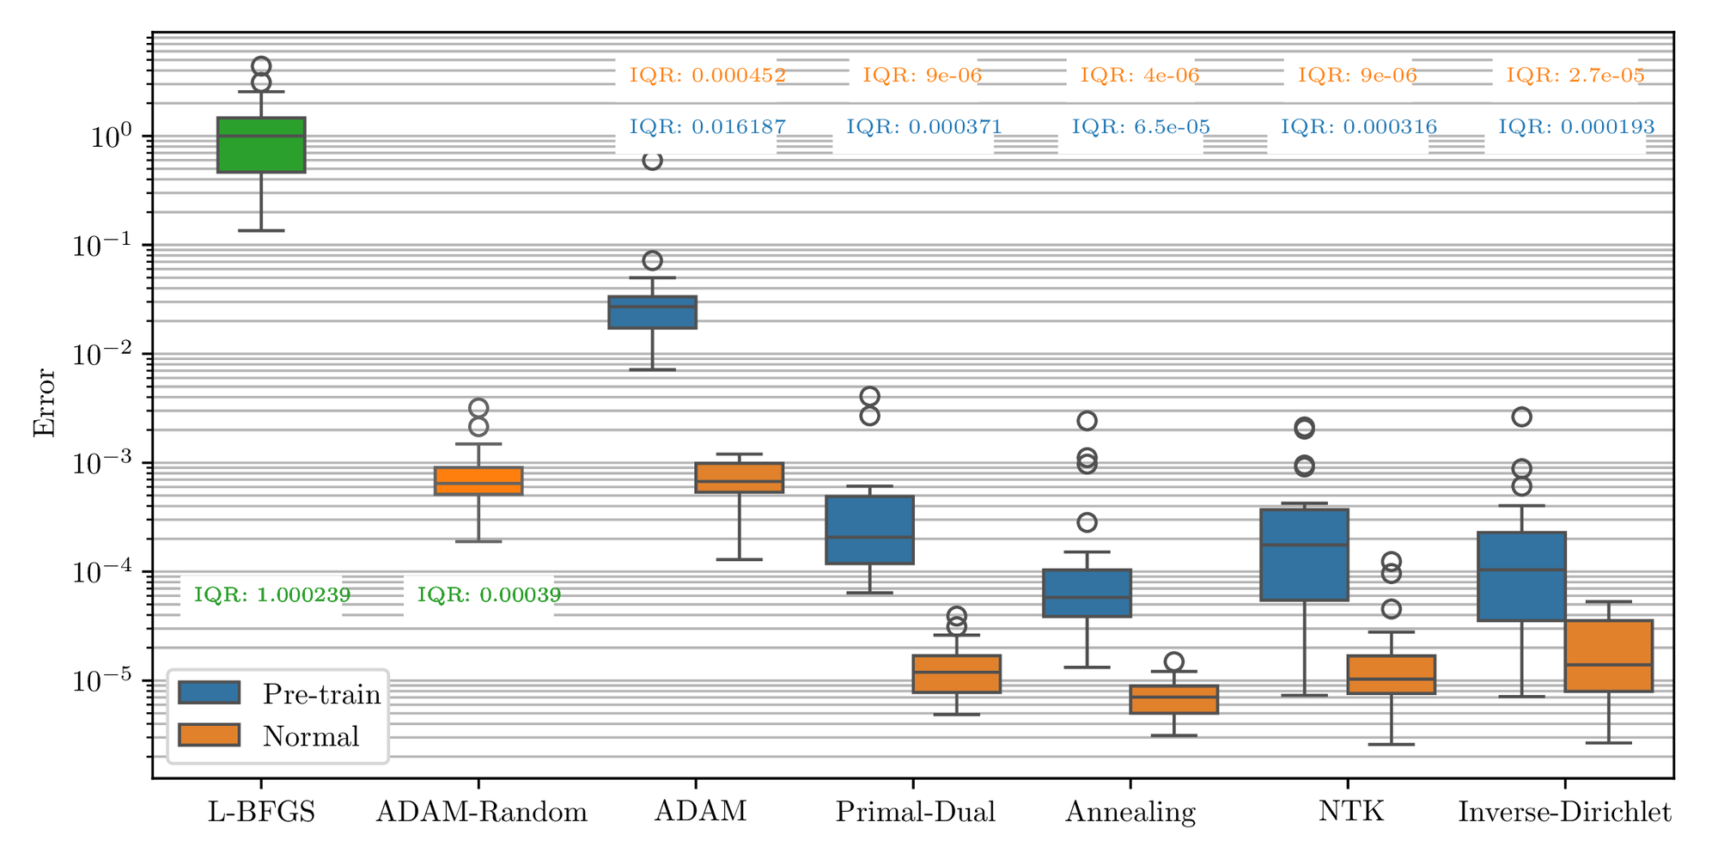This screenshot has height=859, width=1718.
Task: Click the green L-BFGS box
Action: click(261, 145)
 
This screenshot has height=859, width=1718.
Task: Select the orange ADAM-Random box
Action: click(478, 481)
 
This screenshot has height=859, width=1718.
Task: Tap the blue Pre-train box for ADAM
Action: click(652, 312)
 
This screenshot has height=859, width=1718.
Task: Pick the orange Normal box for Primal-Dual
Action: click(956, 674)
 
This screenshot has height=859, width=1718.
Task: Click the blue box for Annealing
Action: click(1087, 593)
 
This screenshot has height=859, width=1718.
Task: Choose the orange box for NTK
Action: click(1391, 674)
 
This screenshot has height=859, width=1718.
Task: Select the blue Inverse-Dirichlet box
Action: click(1521, 576)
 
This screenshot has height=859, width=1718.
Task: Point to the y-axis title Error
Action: click(44, 404)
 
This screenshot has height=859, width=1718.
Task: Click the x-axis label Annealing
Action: click(1130, 812)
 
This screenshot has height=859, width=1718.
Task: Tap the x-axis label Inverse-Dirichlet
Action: click(1564, 812)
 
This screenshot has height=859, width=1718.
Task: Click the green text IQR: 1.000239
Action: click(271, 594)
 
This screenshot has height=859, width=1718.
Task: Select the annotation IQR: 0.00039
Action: click(489, 594)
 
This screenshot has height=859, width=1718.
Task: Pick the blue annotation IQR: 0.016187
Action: click(707, 127)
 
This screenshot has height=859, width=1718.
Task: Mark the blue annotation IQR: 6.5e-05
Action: click(1140, 127)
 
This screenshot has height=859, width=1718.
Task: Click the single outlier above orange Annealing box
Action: click(1173, 661)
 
